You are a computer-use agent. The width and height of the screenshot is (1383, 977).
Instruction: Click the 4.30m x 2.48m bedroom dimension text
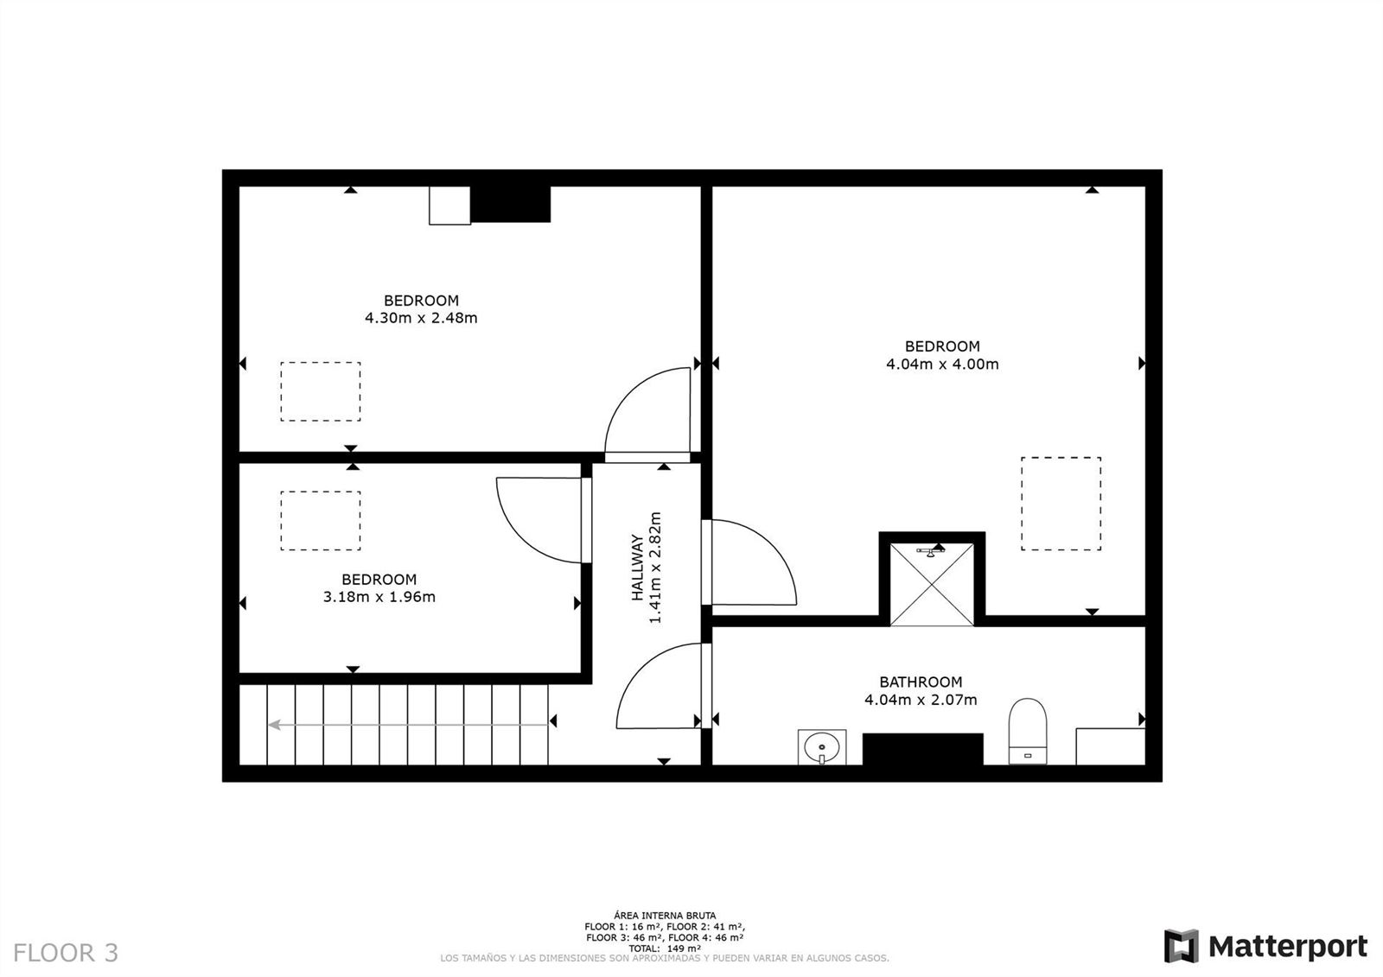point(421,318)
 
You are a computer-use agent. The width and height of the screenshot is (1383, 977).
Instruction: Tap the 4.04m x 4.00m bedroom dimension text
point(942,365)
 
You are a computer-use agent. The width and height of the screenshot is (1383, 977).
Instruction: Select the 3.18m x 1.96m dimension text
point(379,597)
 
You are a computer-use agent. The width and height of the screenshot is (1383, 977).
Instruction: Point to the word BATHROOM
point(921,682)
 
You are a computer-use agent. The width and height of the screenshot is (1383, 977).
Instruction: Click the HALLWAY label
point(637,568)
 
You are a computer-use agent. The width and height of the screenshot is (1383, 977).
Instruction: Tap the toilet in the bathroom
point(1028,731)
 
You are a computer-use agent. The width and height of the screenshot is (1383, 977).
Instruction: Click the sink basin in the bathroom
point(822,747)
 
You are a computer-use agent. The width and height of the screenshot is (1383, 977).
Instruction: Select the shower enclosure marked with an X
point(932,585)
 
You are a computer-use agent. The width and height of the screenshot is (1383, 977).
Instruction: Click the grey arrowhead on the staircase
point(274,725)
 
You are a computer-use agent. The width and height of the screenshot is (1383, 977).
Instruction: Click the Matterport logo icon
point(1181,946)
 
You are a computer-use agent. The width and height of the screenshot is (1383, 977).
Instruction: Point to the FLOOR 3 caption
point(66,952)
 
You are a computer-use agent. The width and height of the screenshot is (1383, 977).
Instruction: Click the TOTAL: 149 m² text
point(665,948)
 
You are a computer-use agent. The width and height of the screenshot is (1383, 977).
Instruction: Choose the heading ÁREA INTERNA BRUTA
point(665,916)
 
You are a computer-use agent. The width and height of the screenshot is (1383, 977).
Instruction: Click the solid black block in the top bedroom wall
point(510,204)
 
